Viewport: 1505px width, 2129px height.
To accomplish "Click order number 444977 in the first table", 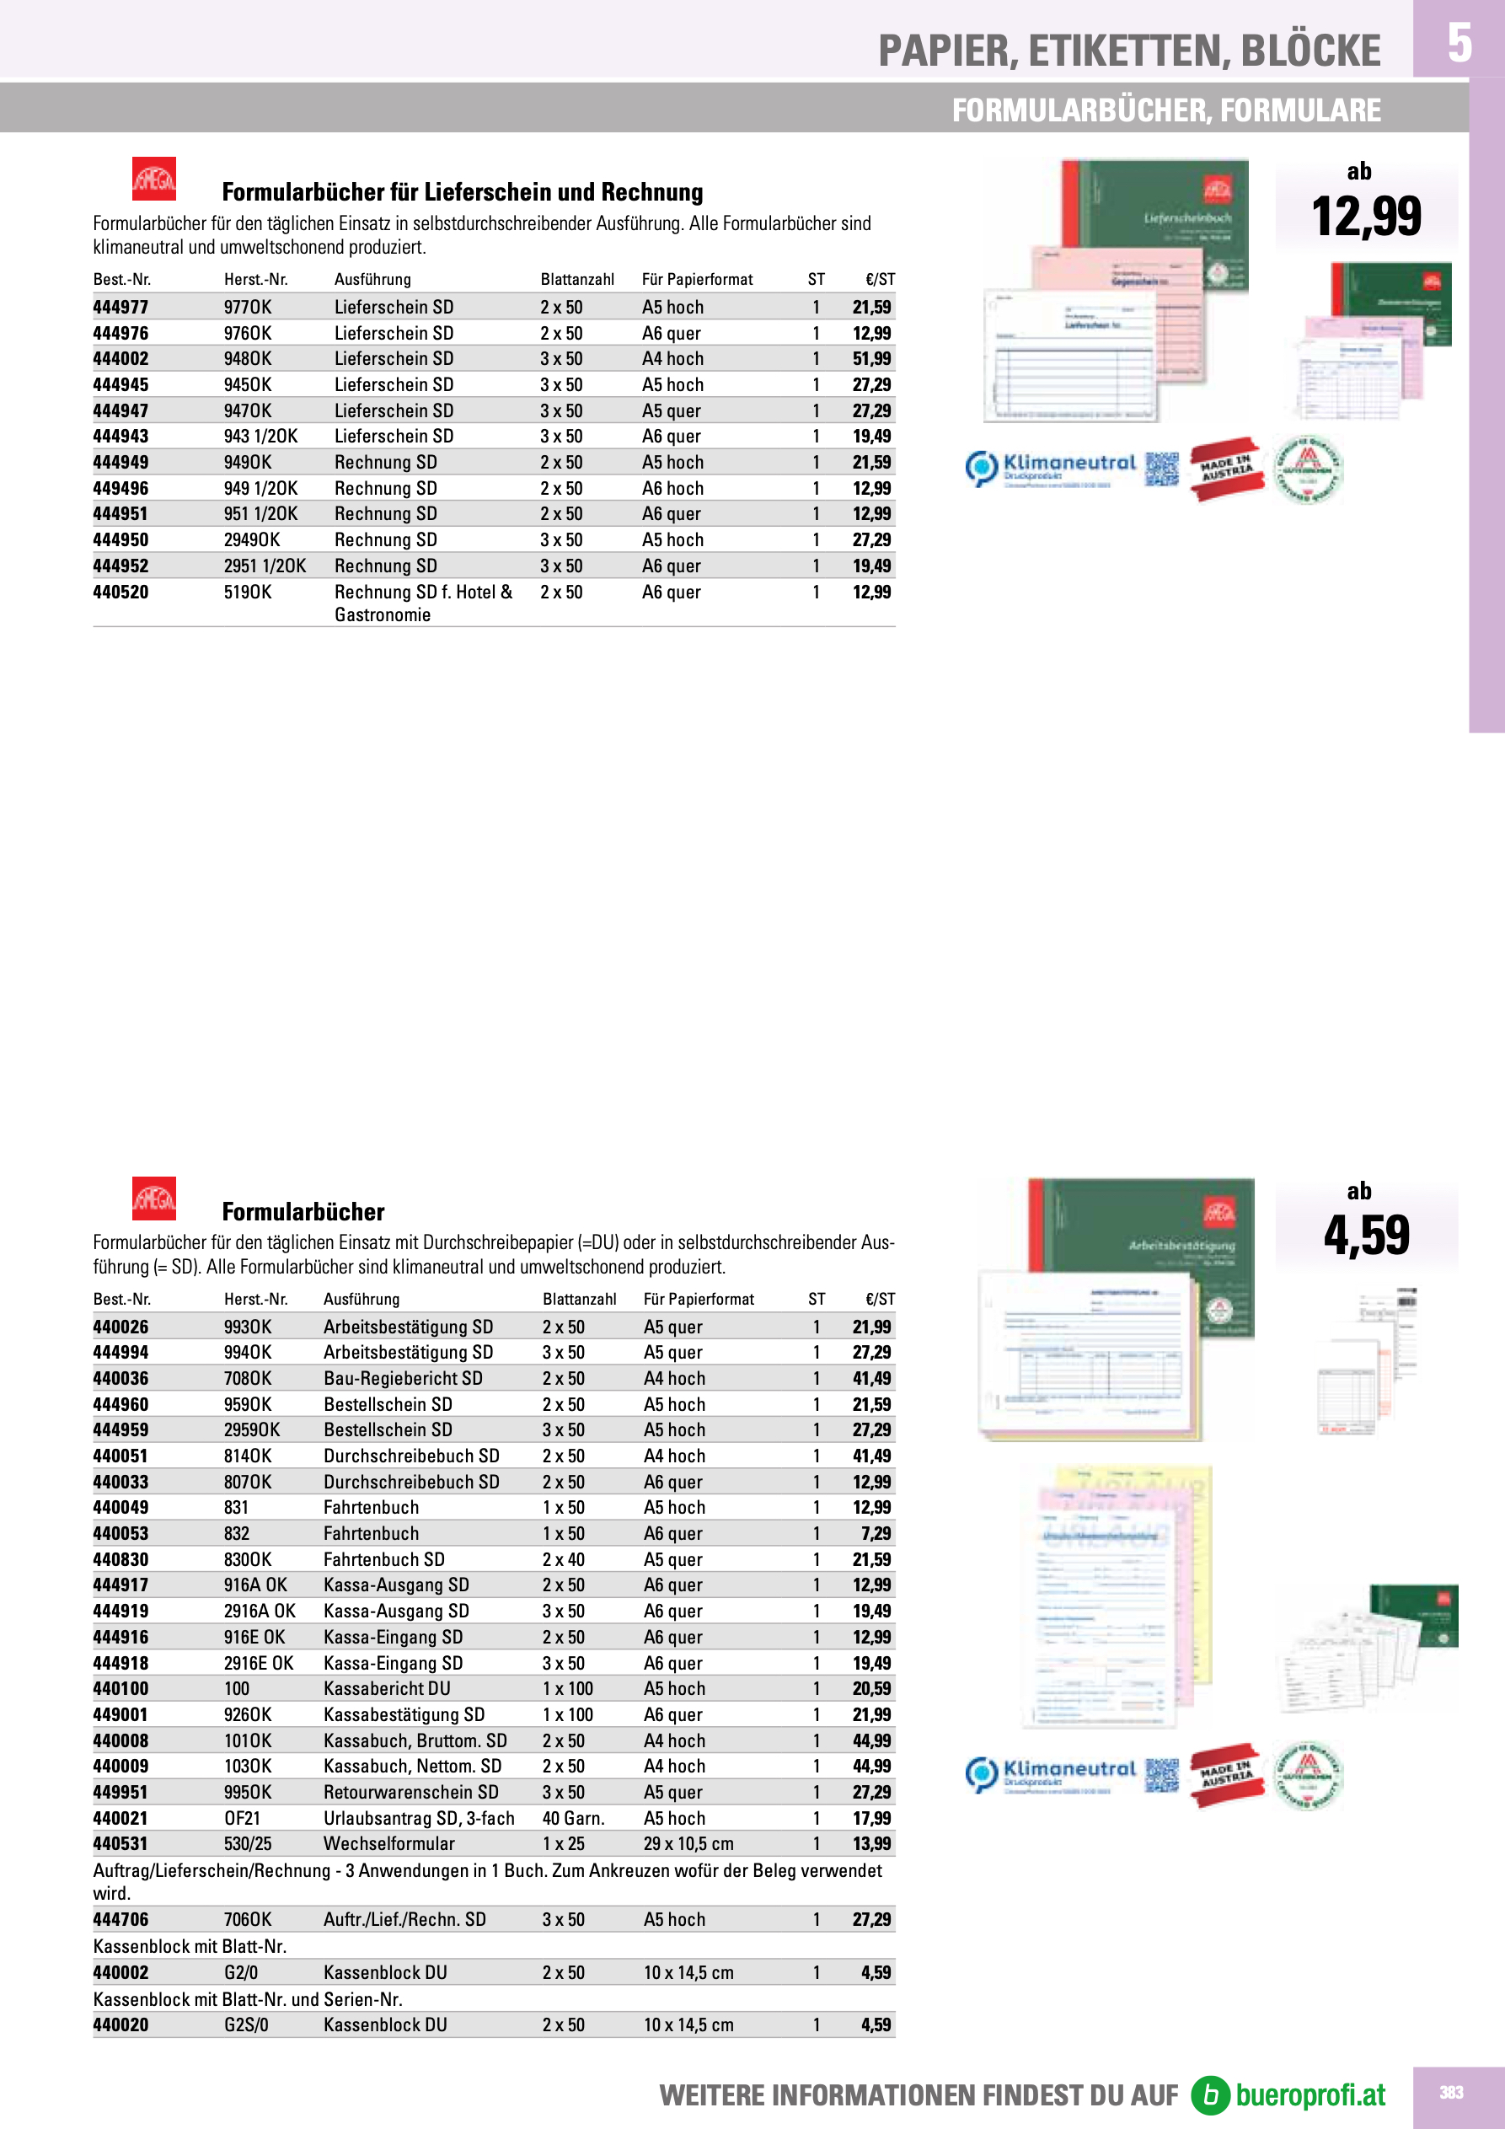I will click(x=121, y=307).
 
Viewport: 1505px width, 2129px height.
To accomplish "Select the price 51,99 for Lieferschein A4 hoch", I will click(x=870, y=359).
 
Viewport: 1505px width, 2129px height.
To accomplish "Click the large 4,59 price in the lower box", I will click(x=1366, y=1235).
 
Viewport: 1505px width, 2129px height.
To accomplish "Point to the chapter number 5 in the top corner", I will click(x=1459, y=42).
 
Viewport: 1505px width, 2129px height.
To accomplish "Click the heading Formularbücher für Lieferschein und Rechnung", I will click(x=462, y=192).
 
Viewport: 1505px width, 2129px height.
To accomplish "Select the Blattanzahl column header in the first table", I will click(x=576, y=279).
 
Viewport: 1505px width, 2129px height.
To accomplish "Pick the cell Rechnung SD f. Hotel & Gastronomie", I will click(x=423, y=603).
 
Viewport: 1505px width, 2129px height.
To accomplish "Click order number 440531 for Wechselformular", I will click(x=121, y=1843).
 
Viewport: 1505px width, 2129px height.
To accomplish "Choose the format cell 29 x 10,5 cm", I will click(x=688, y=1843).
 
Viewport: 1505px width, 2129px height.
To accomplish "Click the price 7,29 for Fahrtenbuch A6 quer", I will click(x=876, y=1534).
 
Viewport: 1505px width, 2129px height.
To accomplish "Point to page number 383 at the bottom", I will click(x=1451, y=2092).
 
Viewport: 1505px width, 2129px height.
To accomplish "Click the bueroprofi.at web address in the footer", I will click(x=1310, y=2094).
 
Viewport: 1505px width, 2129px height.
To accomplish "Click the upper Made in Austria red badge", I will click(x=1227, y=469).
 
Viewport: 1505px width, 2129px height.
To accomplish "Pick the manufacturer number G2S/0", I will click(x=246, y=2024).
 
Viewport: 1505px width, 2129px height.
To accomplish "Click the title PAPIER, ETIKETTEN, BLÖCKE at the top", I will click(x=1128, y=51).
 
